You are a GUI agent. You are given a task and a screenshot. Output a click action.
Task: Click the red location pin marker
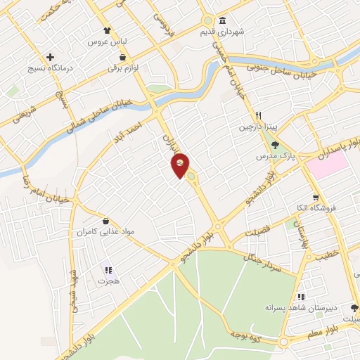(x=181, y=165)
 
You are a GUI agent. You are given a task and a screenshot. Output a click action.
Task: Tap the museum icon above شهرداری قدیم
(x=223, y=20)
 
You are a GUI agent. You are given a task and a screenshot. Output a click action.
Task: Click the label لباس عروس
(x=105, y=42)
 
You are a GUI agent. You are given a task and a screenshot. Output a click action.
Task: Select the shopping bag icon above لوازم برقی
(x=123, y=58)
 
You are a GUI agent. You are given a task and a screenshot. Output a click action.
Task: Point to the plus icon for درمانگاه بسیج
(x=49, y=57)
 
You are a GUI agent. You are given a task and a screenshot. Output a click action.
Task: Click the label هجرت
(x=108, y=280)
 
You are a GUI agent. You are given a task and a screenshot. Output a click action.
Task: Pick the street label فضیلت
(x=257, y=233)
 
